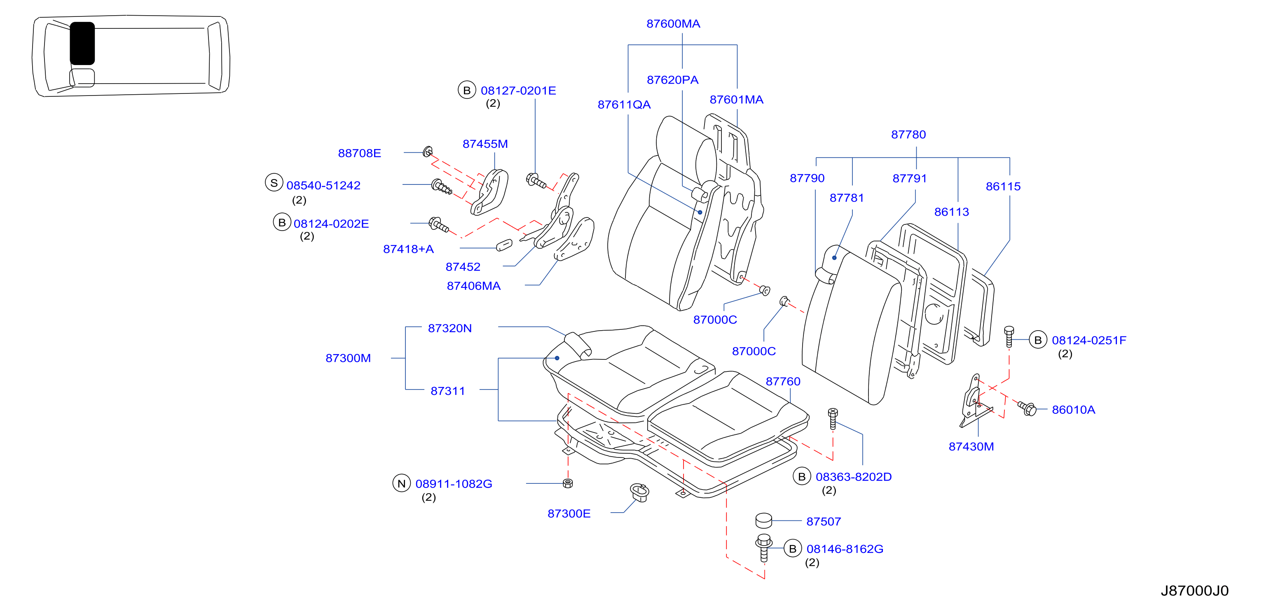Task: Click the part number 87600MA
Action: pos(673,24)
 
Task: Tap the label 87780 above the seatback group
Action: pos(908,134)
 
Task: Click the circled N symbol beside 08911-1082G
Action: pos(401,483)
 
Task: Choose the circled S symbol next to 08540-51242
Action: pos(274,182)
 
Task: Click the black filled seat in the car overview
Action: pos(82,43)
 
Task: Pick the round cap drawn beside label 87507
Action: pos(763,520)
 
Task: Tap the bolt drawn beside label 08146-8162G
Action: pos(763,548)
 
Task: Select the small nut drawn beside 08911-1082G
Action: pos(568,483)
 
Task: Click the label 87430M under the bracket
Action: pos(971,446)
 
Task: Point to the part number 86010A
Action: pos(1073,410)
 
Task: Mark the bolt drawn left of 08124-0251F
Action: pos(1009,337)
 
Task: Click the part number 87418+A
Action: pos(408,249)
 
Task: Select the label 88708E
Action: pos(359,153)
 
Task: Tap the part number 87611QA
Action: pos(624,105)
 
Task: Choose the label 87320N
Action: pos(449,328)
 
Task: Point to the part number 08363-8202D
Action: pos(853,477)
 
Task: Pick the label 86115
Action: pos(1003,187)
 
